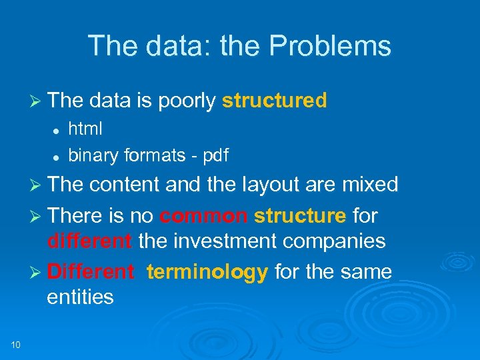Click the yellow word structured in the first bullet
(274, 101)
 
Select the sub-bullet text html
(85, 129)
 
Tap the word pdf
(215, 155)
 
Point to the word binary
(91, 155)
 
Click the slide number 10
(15, 344)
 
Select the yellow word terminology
(207, 272)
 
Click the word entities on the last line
(80, 297)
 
